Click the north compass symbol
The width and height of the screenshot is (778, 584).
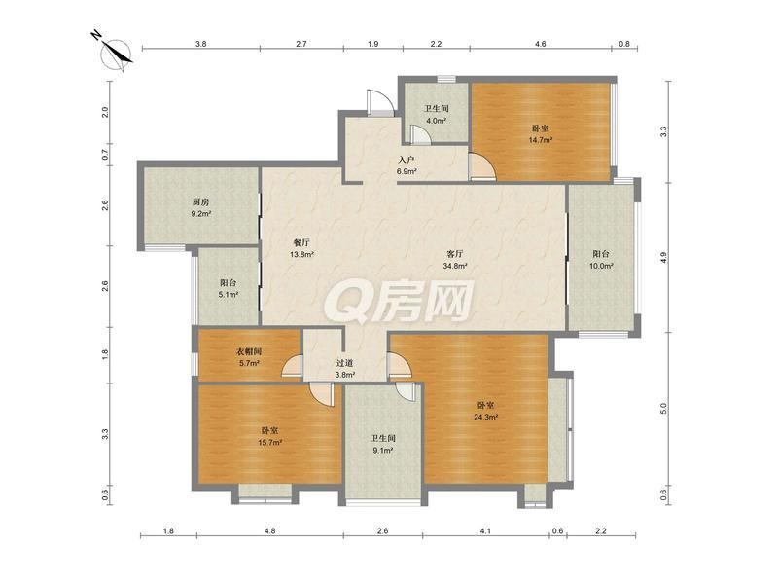[116, 53]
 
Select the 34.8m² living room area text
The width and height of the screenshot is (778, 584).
[455, 266]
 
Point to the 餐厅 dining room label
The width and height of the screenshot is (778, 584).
[301, 242]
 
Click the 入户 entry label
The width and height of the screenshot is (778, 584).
[406, 160]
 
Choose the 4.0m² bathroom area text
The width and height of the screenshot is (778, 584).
[437, 120]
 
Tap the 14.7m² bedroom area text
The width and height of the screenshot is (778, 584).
[541, 140]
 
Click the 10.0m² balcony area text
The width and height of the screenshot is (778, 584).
[601, 266]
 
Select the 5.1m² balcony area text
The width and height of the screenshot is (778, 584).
[229, 295]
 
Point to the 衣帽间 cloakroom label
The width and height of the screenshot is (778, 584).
[248, 351]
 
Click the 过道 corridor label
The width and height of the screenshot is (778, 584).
[344, 363]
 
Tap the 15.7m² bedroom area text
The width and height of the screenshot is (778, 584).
[270, 442]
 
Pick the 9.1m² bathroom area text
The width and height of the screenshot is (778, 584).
[382, 451]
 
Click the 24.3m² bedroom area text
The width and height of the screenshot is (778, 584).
[485, 418]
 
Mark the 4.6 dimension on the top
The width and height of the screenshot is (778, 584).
[541, 44]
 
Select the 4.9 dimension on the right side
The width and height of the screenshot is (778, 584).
[664, 258]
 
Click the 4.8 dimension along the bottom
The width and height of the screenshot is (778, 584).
[269, 530]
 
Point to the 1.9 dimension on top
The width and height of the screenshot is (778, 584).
[373, 44]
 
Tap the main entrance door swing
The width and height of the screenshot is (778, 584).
[380, 103]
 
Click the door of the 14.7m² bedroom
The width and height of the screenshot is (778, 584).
[482, 166]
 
